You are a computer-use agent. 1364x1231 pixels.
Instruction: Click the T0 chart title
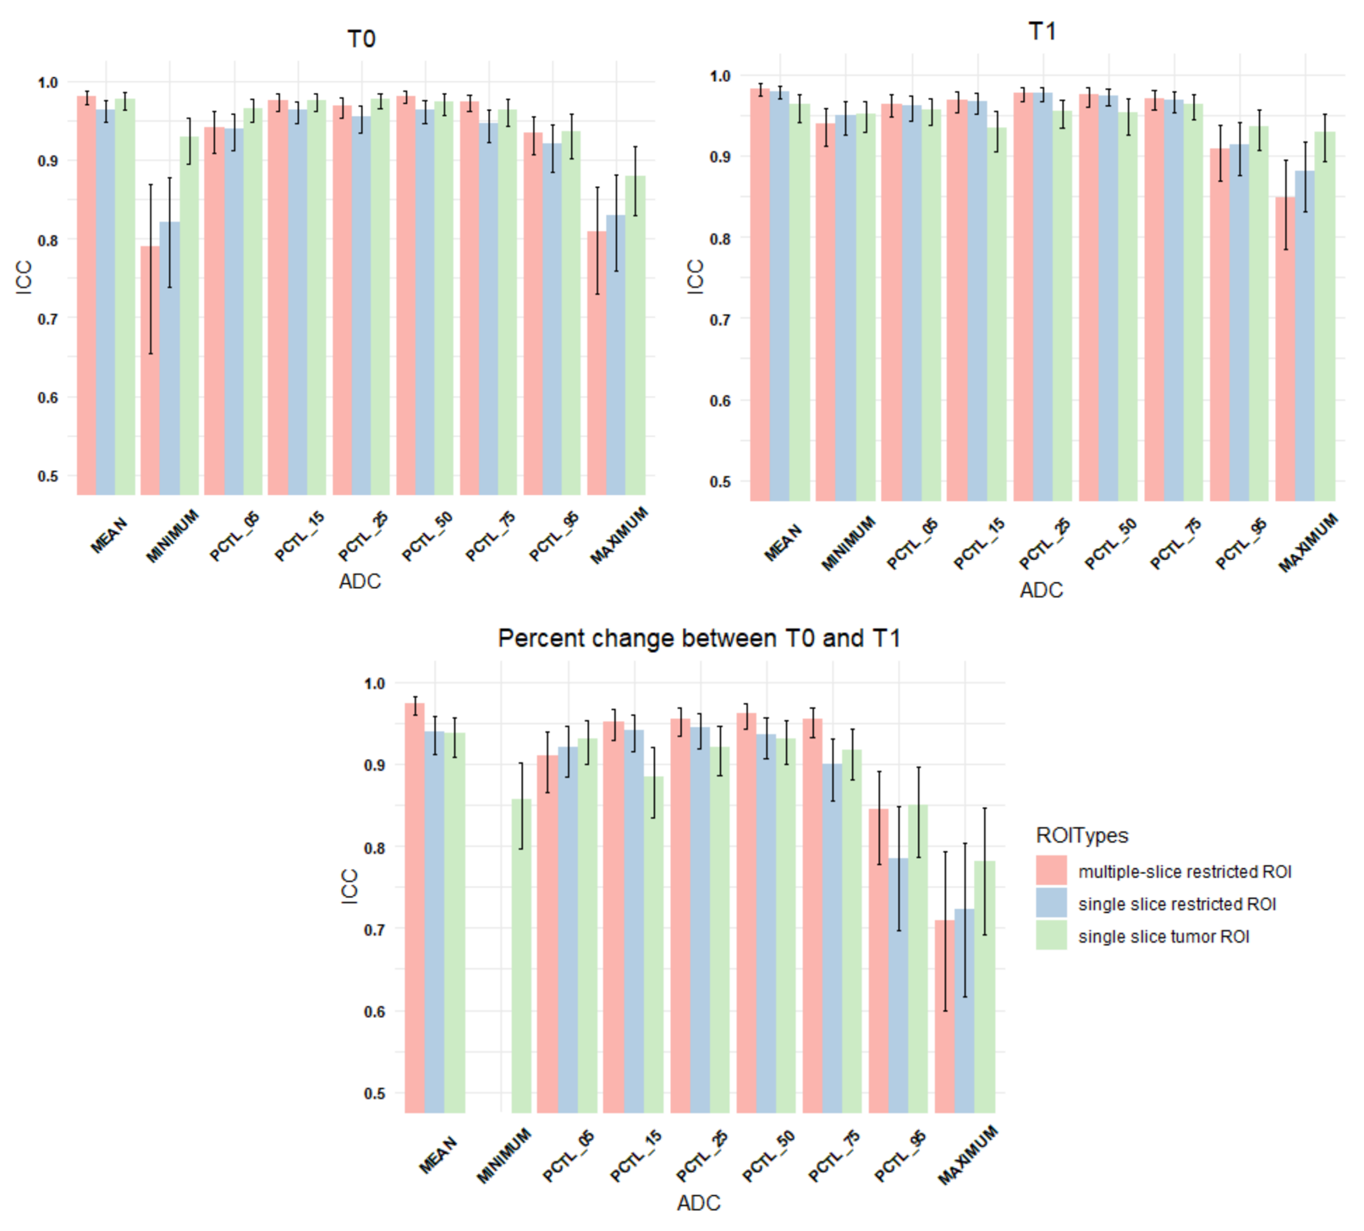point(361,39)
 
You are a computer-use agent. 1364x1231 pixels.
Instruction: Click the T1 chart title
point(1042,31)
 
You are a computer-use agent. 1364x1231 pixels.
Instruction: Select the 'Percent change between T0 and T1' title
point(698,638)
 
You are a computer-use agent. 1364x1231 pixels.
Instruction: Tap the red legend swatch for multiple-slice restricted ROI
point(1051,871)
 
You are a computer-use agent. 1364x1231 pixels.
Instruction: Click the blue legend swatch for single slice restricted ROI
point(1051,904)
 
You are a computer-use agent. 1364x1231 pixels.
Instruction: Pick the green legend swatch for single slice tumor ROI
point(1051,936)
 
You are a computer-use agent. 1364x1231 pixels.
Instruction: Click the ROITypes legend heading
point(1081,835)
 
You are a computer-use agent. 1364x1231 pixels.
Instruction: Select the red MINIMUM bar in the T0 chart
point(151,372)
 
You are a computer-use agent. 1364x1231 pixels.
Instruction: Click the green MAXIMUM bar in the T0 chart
point(635,338)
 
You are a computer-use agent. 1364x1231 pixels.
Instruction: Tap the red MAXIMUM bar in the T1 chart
point(1285,351)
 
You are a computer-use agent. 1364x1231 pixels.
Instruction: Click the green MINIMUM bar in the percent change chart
point(521,956)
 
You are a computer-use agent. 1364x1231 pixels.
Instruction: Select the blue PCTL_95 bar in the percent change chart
point(899,986)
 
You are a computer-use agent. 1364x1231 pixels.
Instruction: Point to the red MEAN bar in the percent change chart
point(415,910)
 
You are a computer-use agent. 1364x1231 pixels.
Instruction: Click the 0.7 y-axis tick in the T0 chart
point(47,319)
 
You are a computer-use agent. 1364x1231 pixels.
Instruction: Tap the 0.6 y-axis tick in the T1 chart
point(720,400)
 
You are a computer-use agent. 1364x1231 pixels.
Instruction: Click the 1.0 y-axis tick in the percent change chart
point(375,683)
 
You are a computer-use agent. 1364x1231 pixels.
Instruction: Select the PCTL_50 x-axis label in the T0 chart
point(427,536)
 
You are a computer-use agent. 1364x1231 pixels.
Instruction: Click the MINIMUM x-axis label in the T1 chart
point(848,544)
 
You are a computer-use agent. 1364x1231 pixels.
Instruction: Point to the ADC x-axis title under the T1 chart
point(1041,591)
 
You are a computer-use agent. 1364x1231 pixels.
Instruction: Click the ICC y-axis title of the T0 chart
point(24,278)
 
